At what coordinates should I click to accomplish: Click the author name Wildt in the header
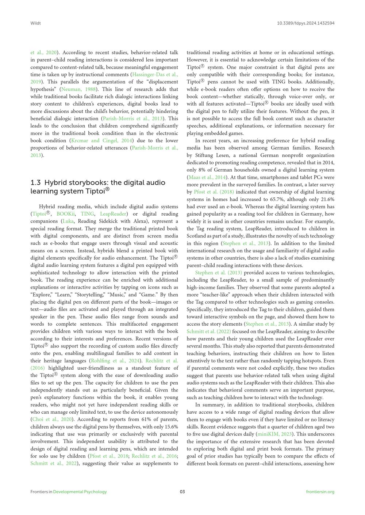pyautogui.click(x=35, y=23)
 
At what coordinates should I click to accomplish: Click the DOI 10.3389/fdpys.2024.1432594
pyautogui.click(x=306, y=23)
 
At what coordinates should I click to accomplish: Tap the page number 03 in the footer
pyautogui.click(x=182, y=492)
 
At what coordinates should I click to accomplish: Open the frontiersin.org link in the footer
pyautogui.click(x=320, y=492)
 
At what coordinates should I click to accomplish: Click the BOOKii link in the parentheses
pyautogui.click(x=66, y=214)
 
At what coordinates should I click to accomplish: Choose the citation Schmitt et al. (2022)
pyautogui.click(x=209, y=331)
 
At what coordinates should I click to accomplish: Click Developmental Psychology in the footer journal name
pyautogui.click(x=80, y=492)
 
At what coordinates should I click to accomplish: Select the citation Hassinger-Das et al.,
pyautogui.click(x=155, y=75)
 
